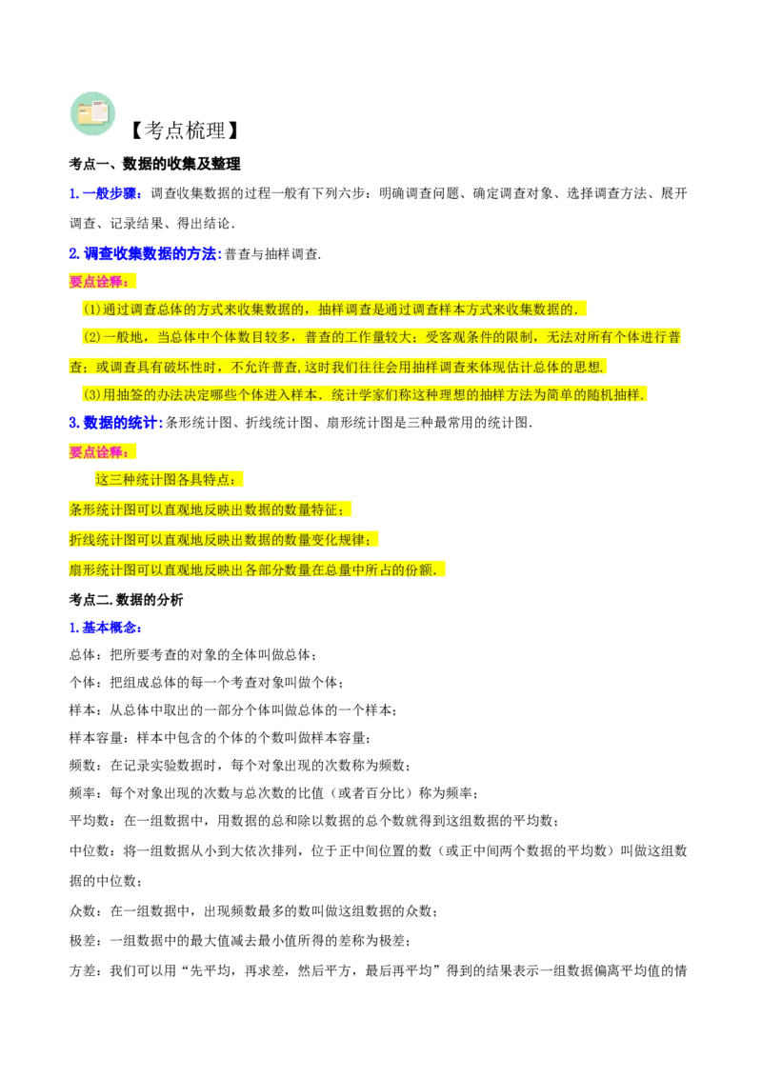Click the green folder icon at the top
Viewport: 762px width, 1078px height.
[x=92, y=113]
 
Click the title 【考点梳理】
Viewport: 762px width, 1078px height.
[x=185, y=130]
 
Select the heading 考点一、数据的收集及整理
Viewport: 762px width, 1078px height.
[x=154, y=164]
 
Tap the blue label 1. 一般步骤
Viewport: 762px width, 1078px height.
[x=106, y=194]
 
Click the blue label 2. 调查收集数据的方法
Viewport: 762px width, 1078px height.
[x=145, y=253]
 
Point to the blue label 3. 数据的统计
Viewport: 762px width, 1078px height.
[x=115, y=422]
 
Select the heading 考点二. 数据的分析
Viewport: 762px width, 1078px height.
[x=126, y=600]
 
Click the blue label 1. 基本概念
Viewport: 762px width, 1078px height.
[x=105, y=627]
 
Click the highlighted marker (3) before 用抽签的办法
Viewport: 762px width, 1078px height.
[x=92, y=394]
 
